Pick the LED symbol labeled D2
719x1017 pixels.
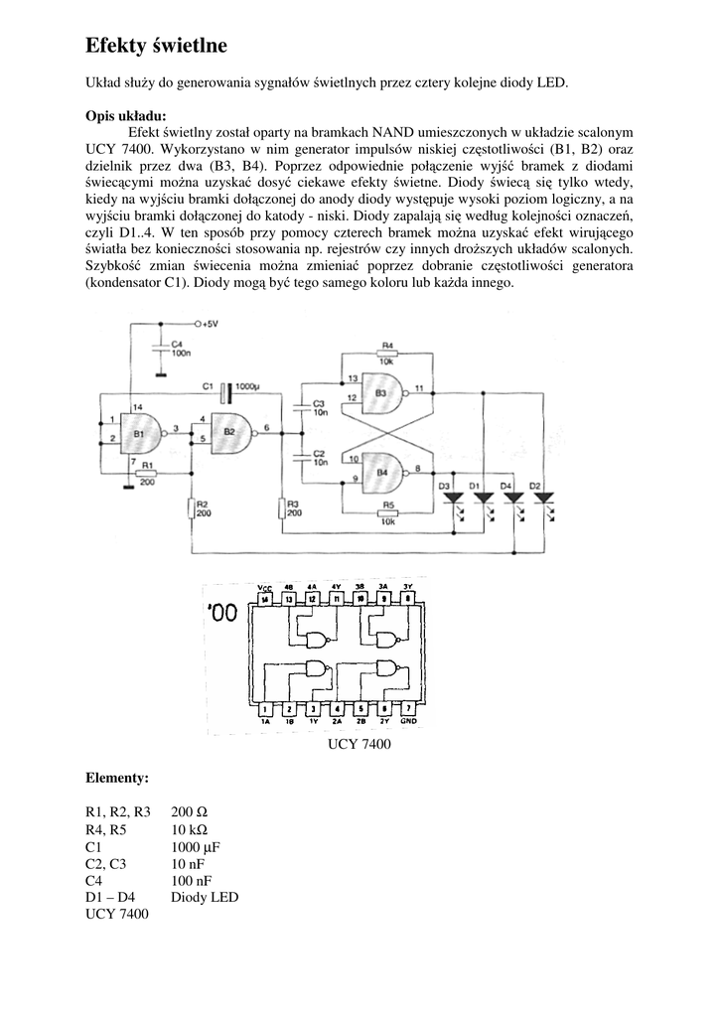coord(542,498)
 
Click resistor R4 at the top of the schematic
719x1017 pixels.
coord(387,353)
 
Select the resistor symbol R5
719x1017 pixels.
coord(387,511)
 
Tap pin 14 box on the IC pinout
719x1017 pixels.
coord(264,600)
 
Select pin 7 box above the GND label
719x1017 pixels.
coord(407,709)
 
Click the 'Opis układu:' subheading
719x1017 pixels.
coord(126,115)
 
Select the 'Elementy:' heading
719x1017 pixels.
coord(117,776)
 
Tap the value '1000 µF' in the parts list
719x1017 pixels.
coord(195,847)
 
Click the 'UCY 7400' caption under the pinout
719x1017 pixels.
coord(359,743)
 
